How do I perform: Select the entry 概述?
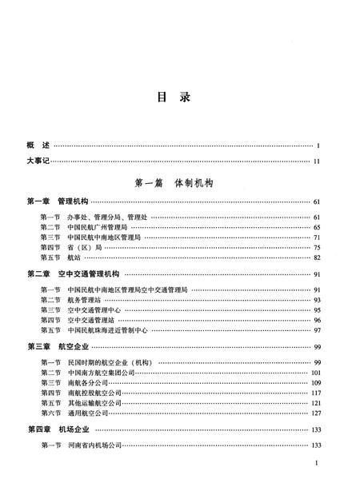tap(38, 146)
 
